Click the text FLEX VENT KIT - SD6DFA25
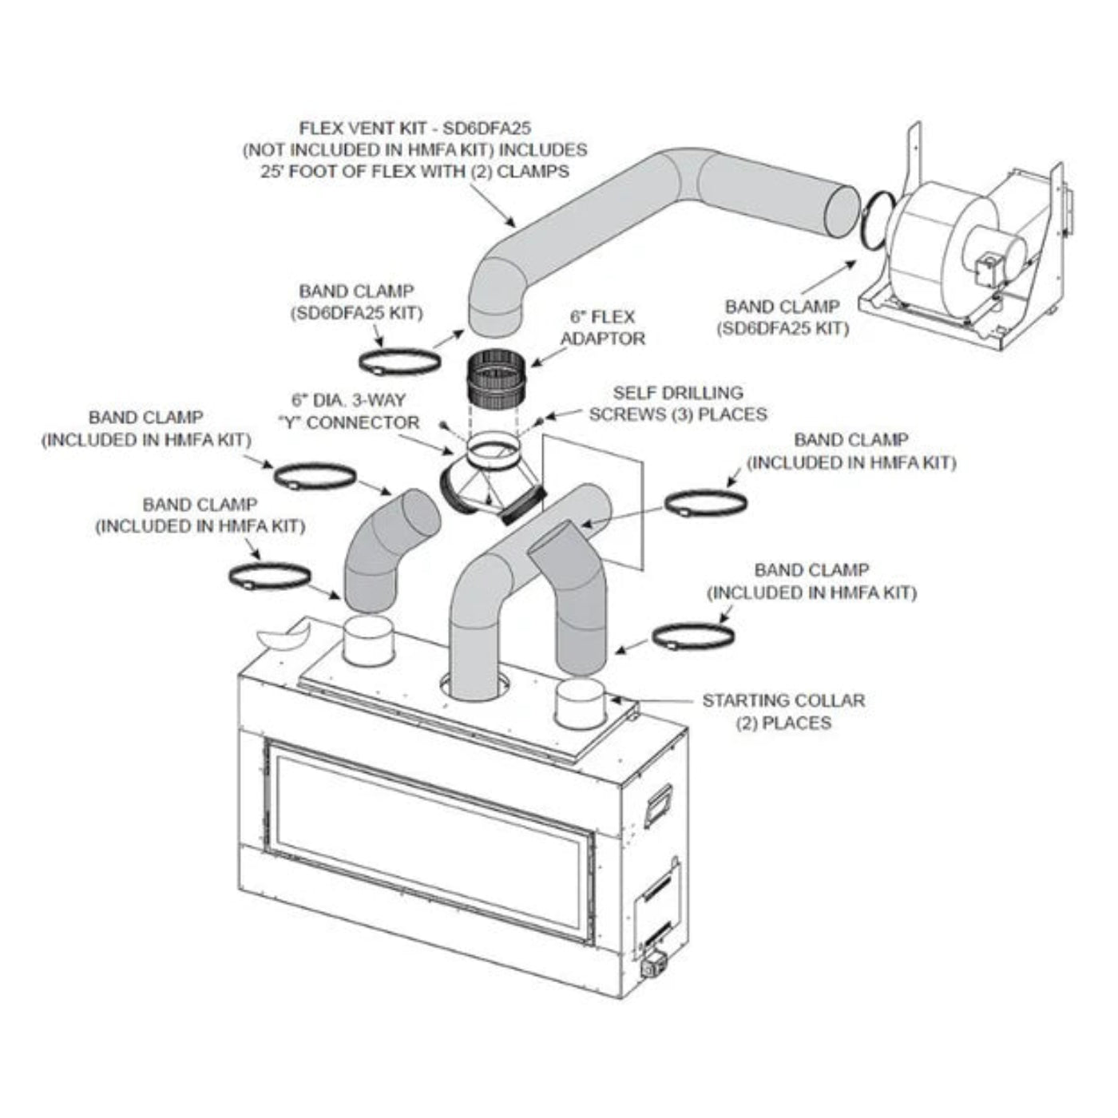click(414, 128)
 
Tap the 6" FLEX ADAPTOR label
click(603, 327)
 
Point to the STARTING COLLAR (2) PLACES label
click(783, 712)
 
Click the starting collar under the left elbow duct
click(368, 639)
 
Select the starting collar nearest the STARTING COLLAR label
click(581, 704)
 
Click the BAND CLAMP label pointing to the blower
click(782, 317)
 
